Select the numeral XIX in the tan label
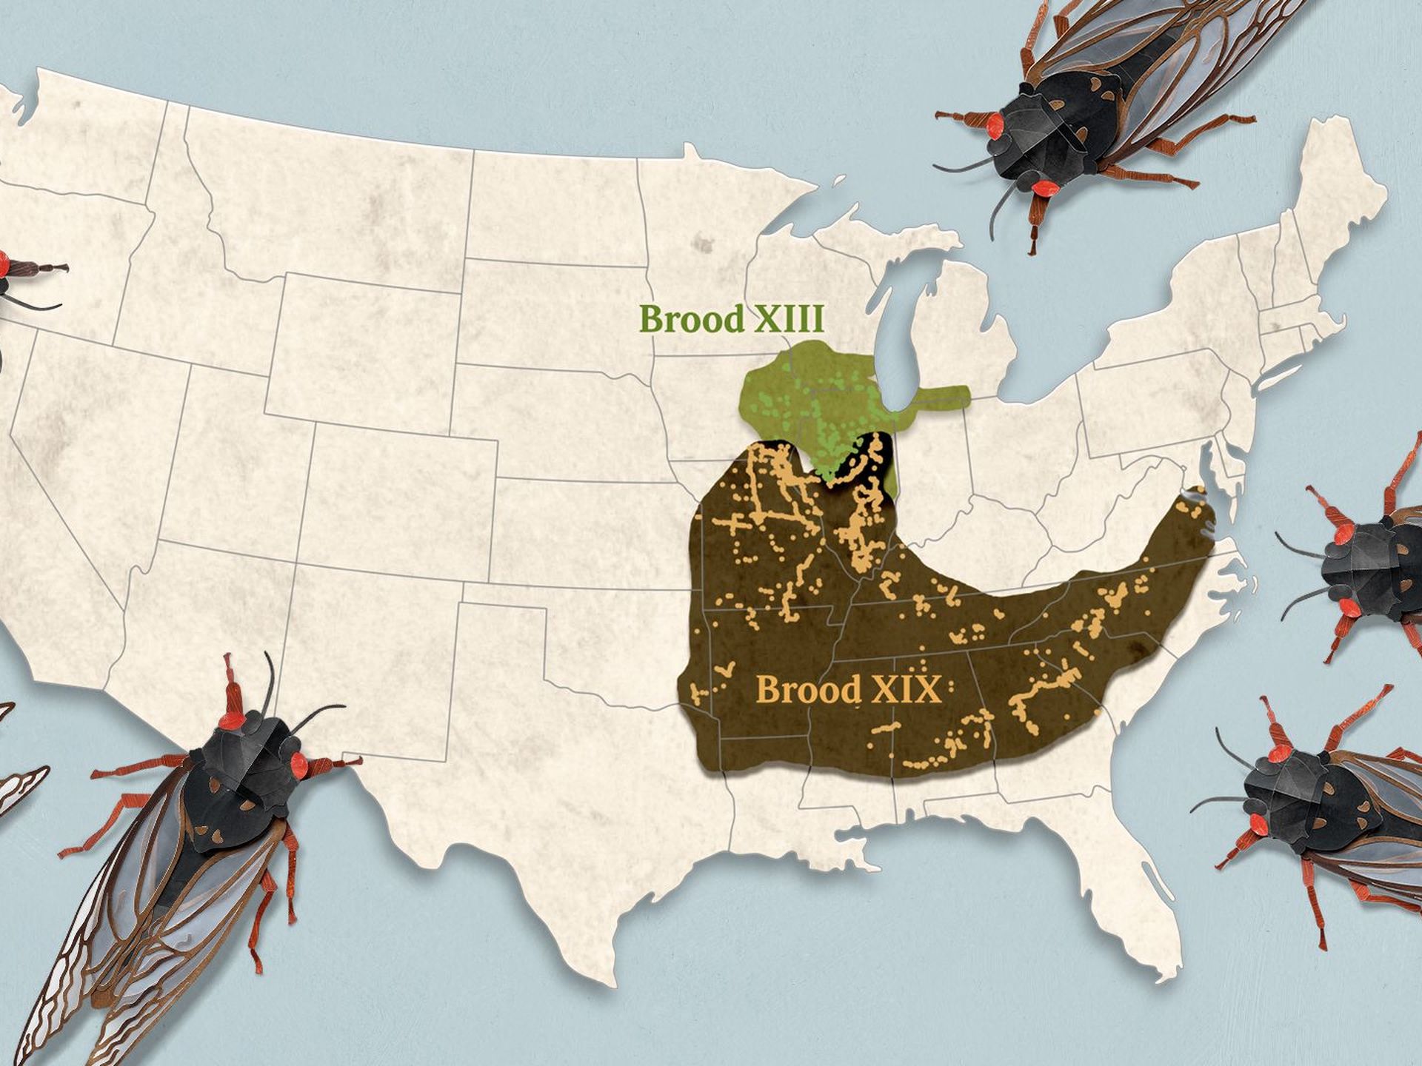[x=904, y=690]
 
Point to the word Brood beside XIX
[x=809, y=690]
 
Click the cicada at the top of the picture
[x=1096, y=104]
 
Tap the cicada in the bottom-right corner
[x=1326, y=807]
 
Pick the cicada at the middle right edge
[x=1370, y=563]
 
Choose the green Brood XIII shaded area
[x=800, y=400]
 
